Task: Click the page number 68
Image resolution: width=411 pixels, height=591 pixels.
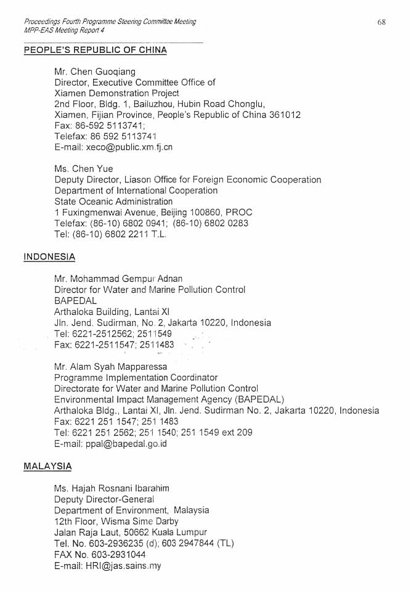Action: (x=381, y=22)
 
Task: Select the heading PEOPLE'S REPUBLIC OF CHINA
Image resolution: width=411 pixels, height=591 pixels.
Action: (x=95, y=50)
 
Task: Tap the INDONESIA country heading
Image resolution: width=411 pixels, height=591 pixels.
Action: (x=49, y=256)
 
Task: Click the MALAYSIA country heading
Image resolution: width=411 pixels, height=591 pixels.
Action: (x=47, y=466)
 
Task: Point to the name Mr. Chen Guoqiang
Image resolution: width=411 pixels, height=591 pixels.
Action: (x=95, y=71)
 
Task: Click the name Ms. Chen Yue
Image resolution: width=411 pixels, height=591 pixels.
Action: (x=84, y=169)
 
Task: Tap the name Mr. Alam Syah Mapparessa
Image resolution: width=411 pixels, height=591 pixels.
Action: (x=110, y=367)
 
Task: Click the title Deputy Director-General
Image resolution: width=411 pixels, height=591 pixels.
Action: (x=104, y=499)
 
